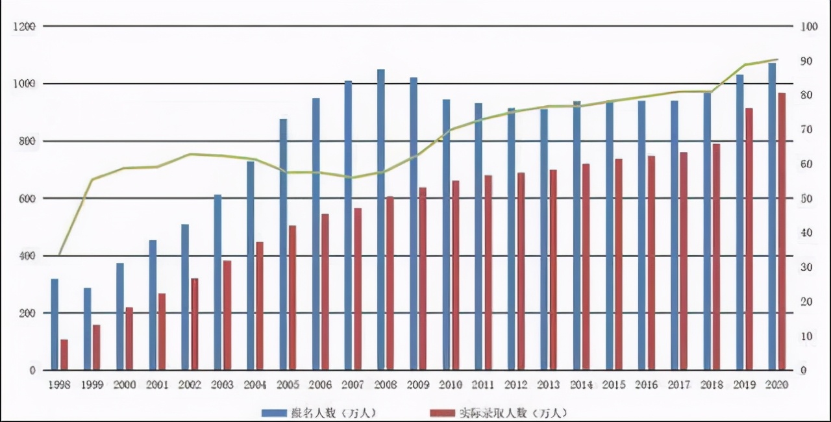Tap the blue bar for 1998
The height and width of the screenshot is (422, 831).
(55, 325)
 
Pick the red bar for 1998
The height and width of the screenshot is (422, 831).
(64, 354)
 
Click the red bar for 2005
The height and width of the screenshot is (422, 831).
(292, 298)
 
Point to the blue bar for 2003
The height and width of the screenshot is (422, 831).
(218, 282)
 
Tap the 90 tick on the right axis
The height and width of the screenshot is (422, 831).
(806, 61)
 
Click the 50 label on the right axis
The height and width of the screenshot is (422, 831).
(806, 199)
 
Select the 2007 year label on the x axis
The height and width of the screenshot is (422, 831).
(353, 385)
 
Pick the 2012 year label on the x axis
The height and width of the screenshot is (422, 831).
(516, 385)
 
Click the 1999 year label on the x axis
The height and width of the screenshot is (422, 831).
(92, 385)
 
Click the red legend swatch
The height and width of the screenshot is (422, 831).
(443, 412)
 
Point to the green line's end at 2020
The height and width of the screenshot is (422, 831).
(777, 60)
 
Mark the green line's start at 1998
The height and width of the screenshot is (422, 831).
(60, 254)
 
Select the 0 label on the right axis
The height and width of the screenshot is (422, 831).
(804, 371)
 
